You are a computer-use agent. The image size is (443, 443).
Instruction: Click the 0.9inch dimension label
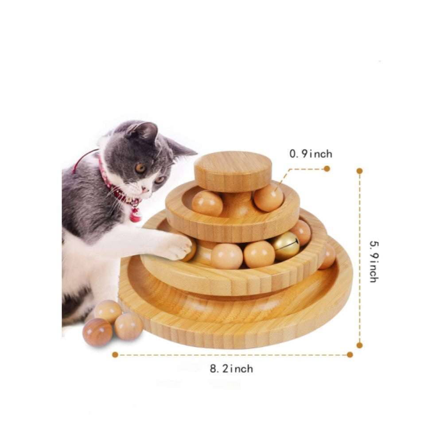[311, 154]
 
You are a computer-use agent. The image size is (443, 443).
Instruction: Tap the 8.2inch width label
[232, 368]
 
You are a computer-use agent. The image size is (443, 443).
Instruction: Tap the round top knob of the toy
[233, 171]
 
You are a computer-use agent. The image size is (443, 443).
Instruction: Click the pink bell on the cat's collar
[135, 215]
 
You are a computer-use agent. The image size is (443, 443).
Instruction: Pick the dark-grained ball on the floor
[97, 332]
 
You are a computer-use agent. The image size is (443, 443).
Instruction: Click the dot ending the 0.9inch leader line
[327, 168]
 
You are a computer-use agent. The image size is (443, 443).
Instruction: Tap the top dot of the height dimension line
[359, 171]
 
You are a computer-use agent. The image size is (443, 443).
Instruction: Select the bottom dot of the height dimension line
[359, 345]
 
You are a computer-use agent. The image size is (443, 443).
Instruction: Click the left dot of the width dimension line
[115, 354]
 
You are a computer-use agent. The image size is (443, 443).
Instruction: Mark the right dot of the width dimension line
[350, 354]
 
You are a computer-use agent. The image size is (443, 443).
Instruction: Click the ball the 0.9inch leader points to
[268, 198]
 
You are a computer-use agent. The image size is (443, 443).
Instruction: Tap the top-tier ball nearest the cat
[207, 203]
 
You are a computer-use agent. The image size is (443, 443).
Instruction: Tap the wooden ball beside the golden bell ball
[259, 254]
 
